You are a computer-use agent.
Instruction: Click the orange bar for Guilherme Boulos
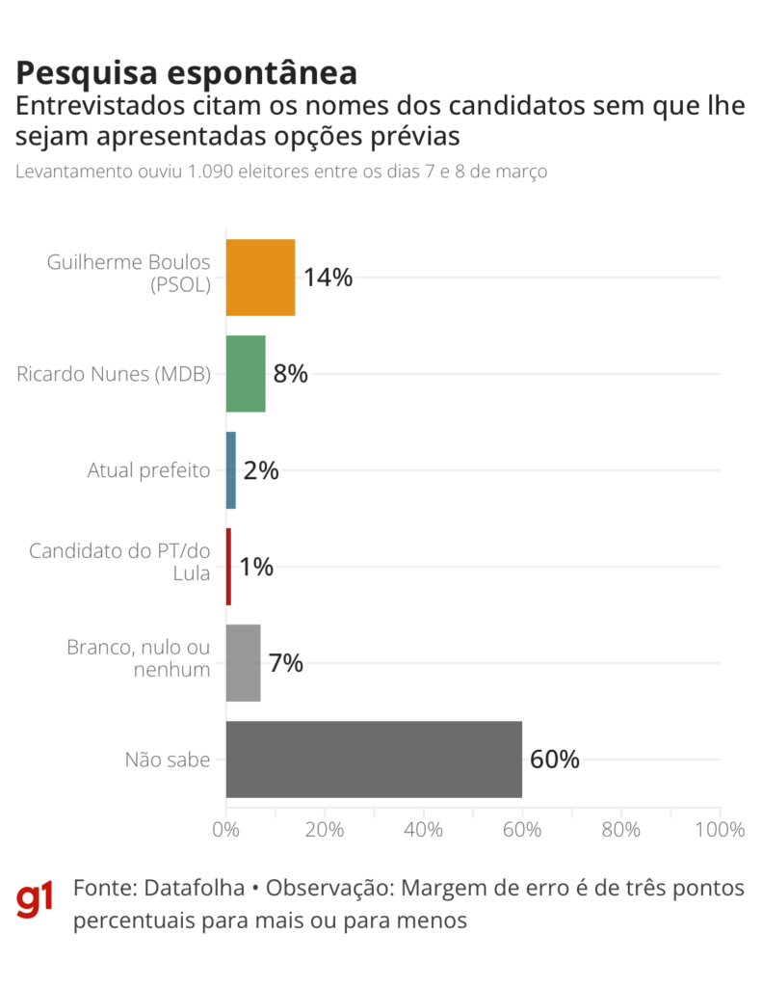point(260,278)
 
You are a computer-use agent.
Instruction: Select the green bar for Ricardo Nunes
point(246,374)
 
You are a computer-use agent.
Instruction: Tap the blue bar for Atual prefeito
point(231,470)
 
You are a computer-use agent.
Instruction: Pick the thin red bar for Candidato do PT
point(228,567)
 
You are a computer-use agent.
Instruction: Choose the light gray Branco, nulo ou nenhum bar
point(243,663)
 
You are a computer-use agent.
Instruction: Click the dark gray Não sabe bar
point(374,760)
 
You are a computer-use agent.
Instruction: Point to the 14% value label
point(328,278)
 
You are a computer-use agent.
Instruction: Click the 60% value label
point(555,760)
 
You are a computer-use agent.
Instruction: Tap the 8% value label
point(291,374)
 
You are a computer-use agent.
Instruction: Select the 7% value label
point(286,663)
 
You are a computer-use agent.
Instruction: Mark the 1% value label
point(256,567)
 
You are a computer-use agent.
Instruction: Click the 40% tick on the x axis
point(424,830)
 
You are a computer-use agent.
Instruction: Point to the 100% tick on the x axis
point(719,830)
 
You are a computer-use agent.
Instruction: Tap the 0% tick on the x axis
point(226,830)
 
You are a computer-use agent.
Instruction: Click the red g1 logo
point(36,901)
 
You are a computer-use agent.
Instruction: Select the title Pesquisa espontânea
point(187,73)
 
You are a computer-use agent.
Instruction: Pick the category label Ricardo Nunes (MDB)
point(114,374)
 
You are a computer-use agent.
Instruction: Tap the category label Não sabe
point(168,760)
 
